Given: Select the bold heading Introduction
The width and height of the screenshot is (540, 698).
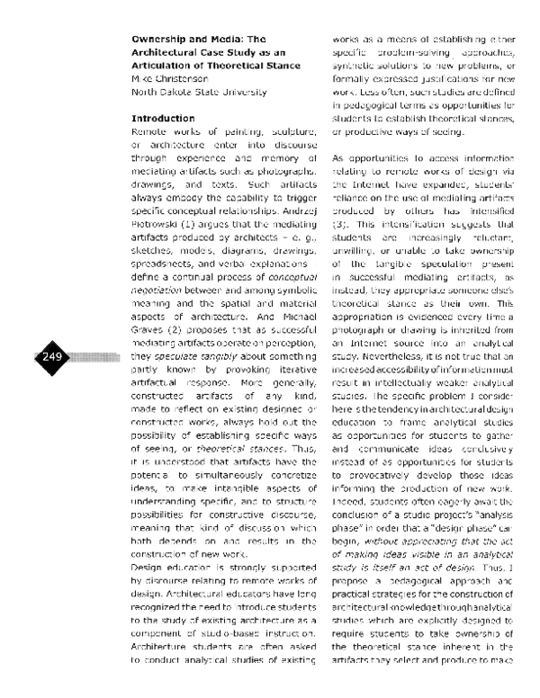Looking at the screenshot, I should (163, 119).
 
